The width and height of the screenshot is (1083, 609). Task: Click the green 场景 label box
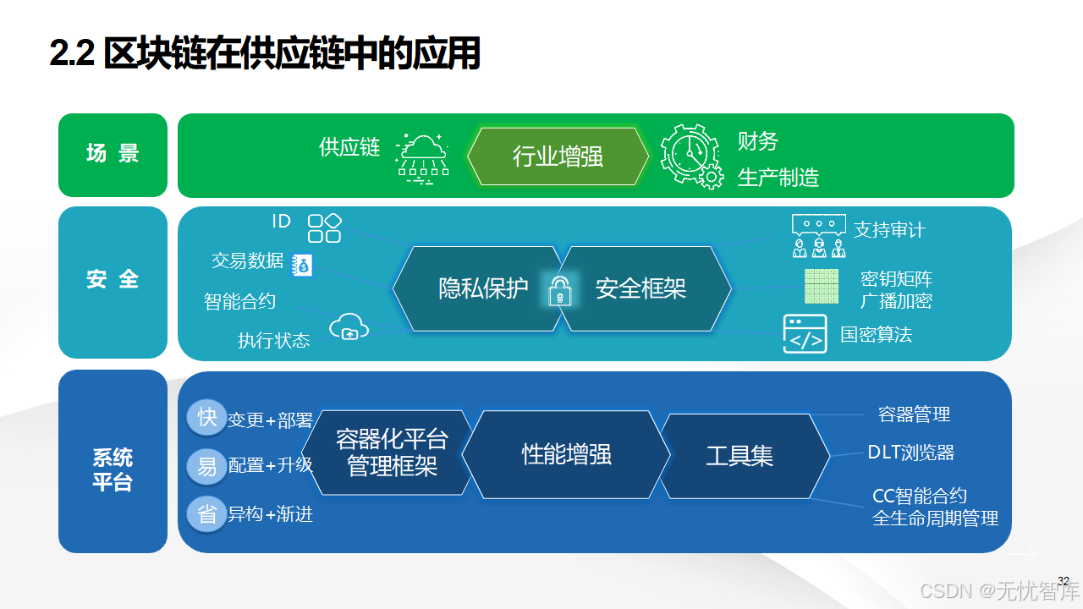click(x=113, y=154)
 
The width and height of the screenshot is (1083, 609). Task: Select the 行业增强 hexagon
click(x=558, y=156)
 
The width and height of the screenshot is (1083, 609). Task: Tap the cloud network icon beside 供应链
click(x=422, y=156)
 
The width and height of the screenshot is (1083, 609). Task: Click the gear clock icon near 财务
click(x=691, y=156)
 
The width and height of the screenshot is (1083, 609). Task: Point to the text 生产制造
click(x=778, y=178)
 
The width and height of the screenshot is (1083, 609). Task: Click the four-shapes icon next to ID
click(x=324, y=228)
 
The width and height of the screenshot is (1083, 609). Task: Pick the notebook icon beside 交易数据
click(x=302, y=265)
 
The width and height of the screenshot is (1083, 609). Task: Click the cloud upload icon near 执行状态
click(x=349, y=327)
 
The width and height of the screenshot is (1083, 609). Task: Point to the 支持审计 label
click(x=888, y=230)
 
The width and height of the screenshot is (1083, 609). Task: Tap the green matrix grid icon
click(x=821, y=286)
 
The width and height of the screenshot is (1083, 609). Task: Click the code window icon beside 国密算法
click(x=805, y=334)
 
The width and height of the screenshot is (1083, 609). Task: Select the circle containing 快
click(x=206, y=417)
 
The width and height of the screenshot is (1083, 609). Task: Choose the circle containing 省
click(x=206, y=514)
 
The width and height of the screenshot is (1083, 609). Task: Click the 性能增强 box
click(x=566, y=455)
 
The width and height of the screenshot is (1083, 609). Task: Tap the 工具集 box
click(x=739, y=456)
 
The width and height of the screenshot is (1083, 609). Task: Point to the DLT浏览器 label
click(x=910, y=453)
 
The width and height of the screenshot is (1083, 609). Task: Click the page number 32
click(x=1064, y=580)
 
